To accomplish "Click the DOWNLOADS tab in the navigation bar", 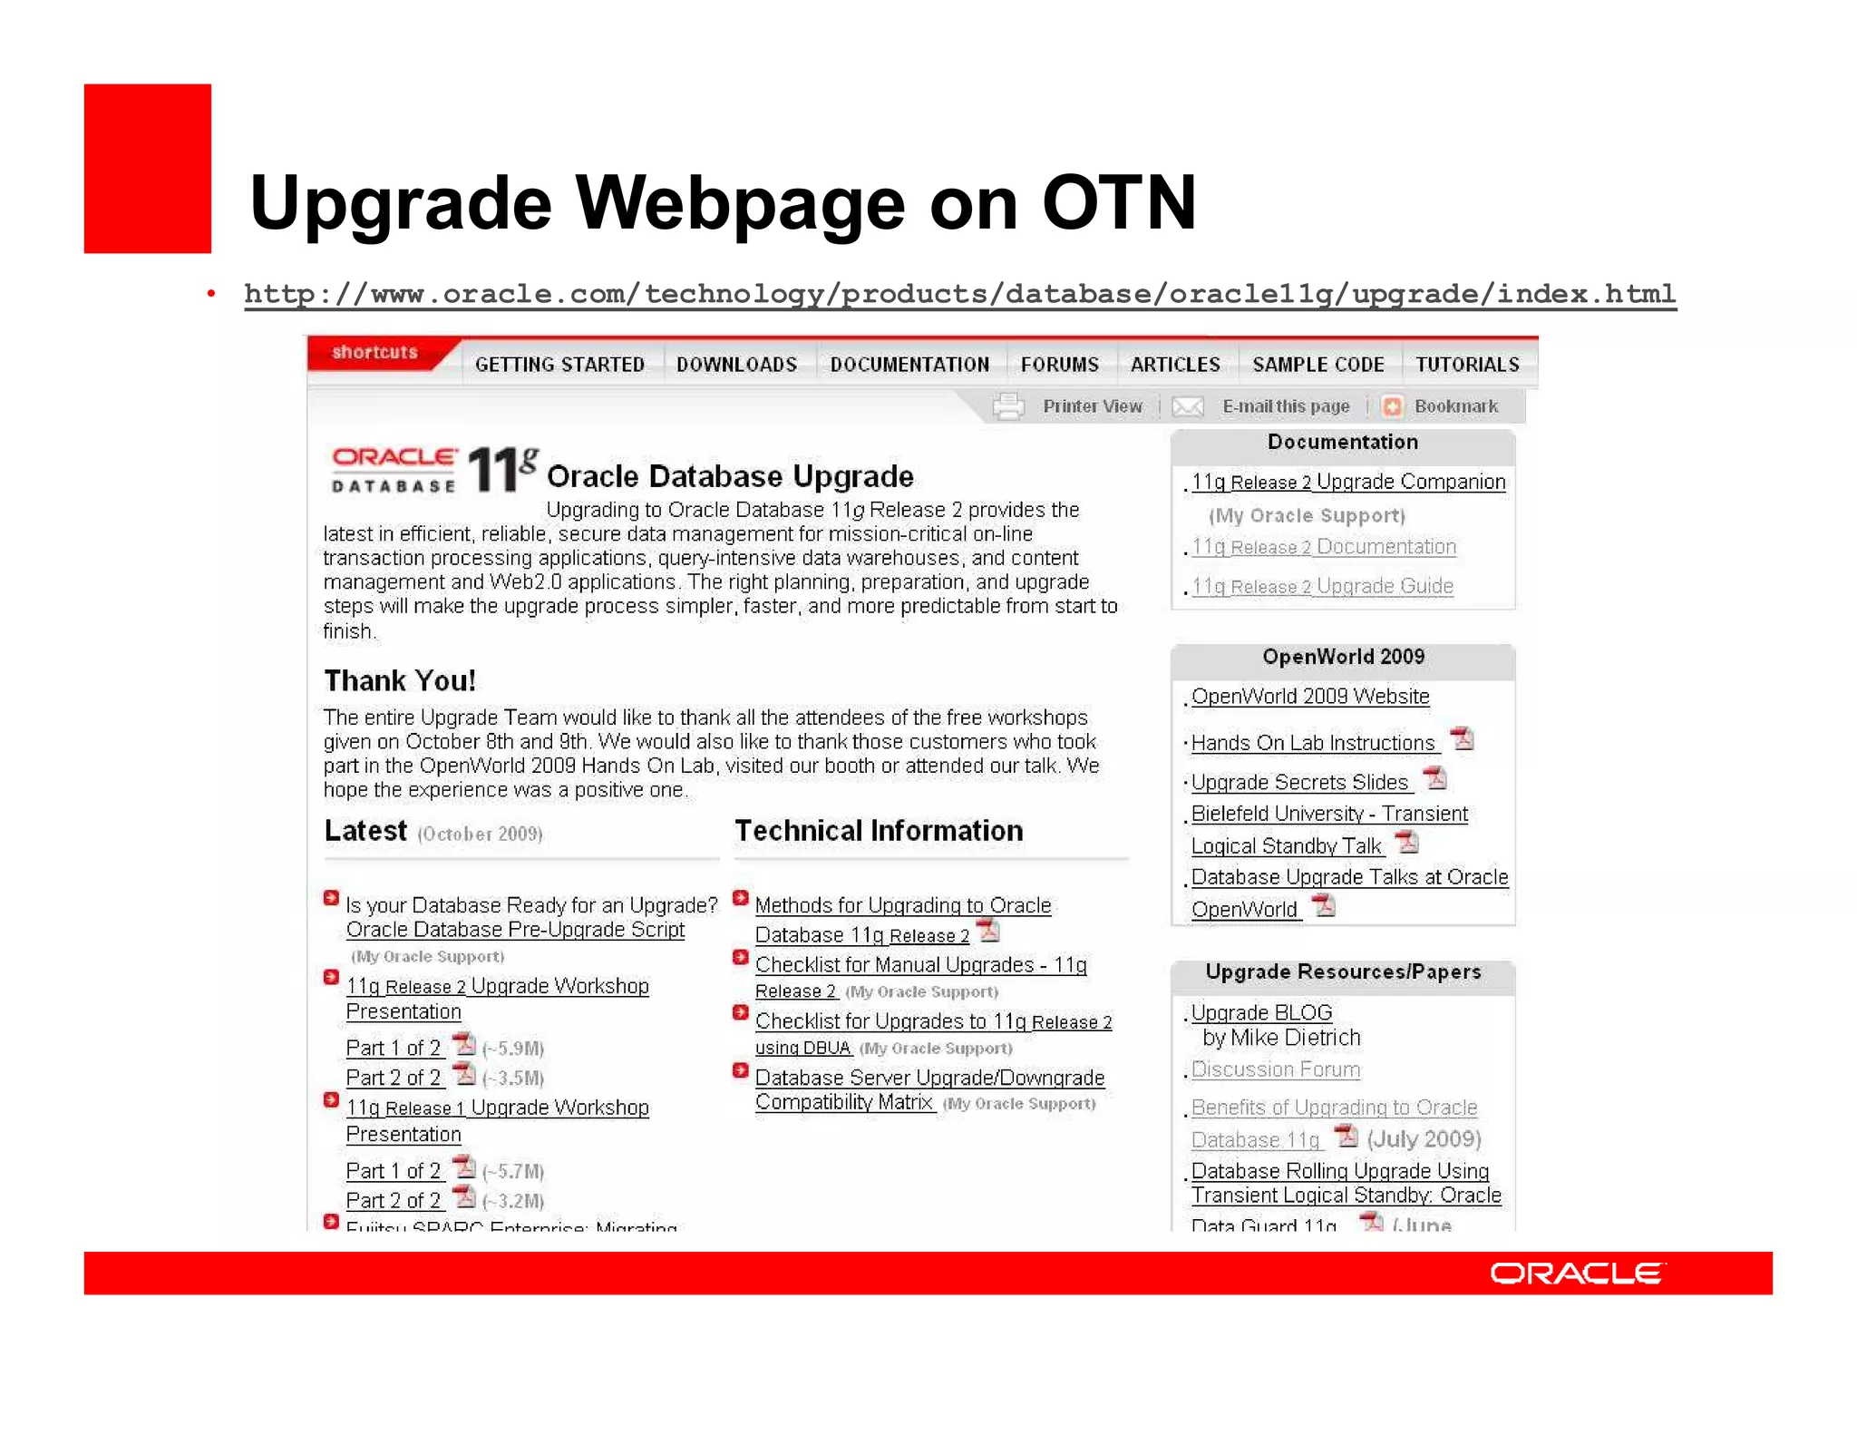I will [x=736, y=365].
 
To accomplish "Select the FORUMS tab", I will [x=1059, y=365].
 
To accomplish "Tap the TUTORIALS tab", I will [x=1467, y=365].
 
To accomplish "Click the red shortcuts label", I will [x=374, y=352].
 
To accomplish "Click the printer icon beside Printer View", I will [x=1008, y=406].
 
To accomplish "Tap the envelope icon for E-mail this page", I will [x=1188, y=406].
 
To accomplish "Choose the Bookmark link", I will [x=1455, y=406].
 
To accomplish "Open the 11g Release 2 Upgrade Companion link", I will [x=1347, y=482].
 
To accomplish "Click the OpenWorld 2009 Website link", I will [x=1309, y=697].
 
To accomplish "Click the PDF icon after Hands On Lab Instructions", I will [x=1462, y=739].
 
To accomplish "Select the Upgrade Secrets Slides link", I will [x=1299, y=782].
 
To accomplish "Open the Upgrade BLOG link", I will [x=1261, y=1012].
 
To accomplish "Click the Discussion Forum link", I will [x=1275, y=1069].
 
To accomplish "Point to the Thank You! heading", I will [x=400, y=680].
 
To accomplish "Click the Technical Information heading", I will [x=878, y=831].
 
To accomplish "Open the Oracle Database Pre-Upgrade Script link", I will [x=515, y=930].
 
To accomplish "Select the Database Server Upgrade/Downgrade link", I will [x=929, y=1078].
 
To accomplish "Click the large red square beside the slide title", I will [x=147, y=169].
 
